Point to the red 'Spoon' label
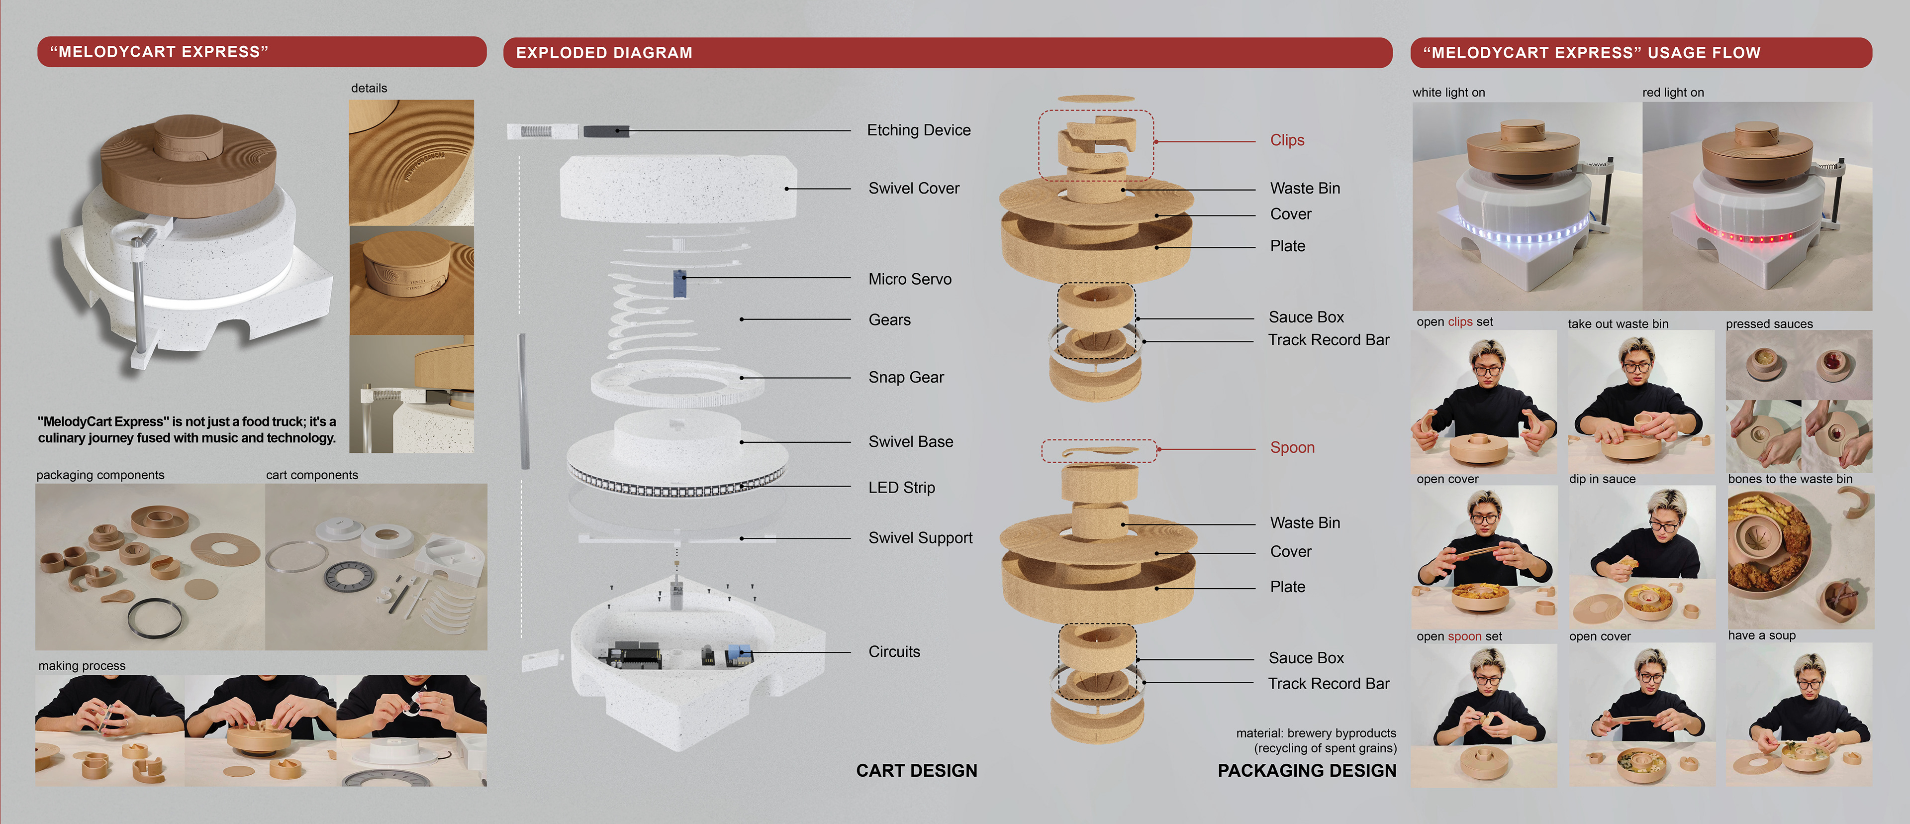(1292, 448)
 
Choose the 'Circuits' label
(894, 652)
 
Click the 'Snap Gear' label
(906, 378)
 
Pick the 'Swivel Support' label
(920, 538)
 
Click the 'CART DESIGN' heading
(916, 771)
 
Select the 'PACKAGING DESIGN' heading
(1307, 771)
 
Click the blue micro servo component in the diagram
(679, 283)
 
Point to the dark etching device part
(606, 131)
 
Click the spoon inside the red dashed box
(1097, 451)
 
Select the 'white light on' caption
(1448, 93)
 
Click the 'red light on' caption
(1673, 93)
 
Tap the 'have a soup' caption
(1761, 635)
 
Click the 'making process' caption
(82, 666)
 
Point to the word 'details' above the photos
(369, 88)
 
